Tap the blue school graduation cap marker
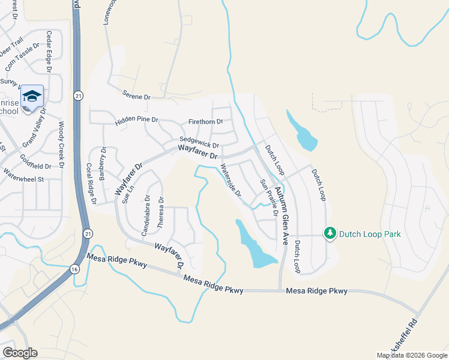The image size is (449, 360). coord(32,97)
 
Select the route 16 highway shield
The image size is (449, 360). coord(74,269)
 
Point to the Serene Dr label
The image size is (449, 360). coord(136,96)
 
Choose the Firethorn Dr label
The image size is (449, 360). coord(205,122)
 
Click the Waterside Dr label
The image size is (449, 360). coord(230,181)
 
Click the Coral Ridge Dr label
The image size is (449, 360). coord(91,183)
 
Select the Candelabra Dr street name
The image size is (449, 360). coord(145,214)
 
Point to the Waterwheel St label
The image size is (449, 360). coord(24,179)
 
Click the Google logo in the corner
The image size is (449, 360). coord(20,353)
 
